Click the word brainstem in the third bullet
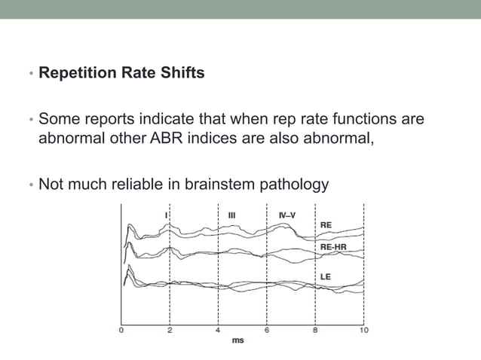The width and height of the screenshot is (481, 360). pos(216,185)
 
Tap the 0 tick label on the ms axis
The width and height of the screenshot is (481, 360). pos(121,330)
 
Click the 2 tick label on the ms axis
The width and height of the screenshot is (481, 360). pos(170,330)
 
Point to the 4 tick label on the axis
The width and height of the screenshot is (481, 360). pos(218,330)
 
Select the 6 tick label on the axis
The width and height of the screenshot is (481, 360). pos(267,330)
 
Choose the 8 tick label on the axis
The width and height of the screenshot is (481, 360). pos(315,330)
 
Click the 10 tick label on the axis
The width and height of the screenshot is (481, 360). pos(363,330)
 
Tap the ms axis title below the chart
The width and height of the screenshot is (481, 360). pos(237,340)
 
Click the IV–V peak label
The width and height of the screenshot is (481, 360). pos(287,215)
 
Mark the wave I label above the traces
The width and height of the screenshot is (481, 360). pos(166,215)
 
